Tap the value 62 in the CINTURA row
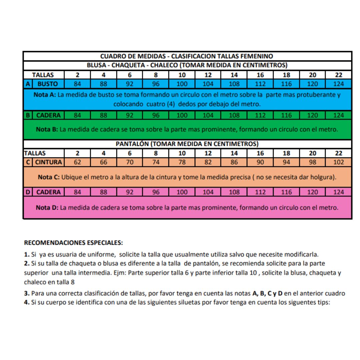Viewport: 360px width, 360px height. [77, 162]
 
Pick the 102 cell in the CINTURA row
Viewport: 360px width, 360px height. [338, 162]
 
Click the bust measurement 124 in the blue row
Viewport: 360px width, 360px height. [338, 84]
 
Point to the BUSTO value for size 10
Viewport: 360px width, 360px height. [182, 84]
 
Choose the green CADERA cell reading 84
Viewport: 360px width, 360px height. [77, 115]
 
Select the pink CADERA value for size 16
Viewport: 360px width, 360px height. [260, 192]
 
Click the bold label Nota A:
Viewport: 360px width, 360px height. [45, 95]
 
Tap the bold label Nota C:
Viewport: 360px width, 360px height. [49, 177]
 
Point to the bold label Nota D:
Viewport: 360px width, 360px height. [47, 208]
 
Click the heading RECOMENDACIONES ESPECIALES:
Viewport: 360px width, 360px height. [74, 242]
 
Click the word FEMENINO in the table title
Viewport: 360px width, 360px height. [257, 56]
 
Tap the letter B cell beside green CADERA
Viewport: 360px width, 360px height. [28, 115]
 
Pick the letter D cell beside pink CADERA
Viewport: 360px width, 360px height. [28, 192]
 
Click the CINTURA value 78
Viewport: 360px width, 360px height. [182, 162]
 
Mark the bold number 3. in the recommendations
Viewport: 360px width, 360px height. [27, 293]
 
